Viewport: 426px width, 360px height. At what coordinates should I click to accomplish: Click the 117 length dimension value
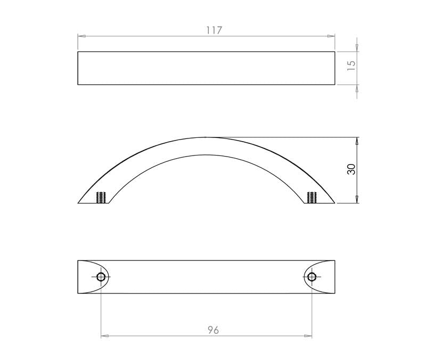(x=214, y=30)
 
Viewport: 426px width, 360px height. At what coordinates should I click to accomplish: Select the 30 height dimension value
(x=350, y=169)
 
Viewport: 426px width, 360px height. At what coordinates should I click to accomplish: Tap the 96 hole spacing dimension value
(x=213, y=330)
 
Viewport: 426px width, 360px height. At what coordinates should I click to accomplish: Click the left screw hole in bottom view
(x=101, y=276)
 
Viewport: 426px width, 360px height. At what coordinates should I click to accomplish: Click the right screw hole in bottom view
(x=312, y=276)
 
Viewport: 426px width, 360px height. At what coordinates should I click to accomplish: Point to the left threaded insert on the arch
(x=101, y=197)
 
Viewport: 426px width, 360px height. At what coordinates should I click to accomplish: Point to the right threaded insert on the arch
(x=312, y=197)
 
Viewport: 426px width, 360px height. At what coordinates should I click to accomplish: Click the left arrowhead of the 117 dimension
(x=81, y=36)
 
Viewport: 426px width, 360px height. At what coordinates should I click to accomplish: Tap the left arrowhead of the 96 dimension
(x=104, y=336)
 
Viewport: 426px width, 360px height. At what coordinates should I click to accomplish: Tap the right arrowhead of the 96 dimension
(x=308, y=336)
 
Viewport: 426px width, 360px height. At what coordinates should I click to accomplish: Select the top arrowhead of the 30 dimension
(x=357, y=141)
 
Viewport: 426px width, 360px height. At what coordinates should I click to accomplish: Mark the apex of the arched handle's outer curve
(x=206, y=137)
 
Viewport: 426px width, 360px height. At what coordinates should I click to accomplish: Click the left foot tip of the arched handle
(x=79, y=203)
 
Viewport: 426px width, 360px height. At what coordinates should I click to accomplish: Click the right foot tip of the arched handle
(x=334, y=203)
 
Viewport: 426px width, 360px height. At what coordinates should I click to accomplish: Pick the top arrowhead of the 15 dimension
(x=357, y=47)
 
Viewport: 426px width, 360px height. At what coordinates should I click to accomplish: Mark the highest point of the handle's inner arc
(x=206, y=155)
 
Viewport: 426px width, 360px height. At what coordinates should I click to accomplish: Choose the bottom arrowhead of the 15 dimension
(x=357, y=88)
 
